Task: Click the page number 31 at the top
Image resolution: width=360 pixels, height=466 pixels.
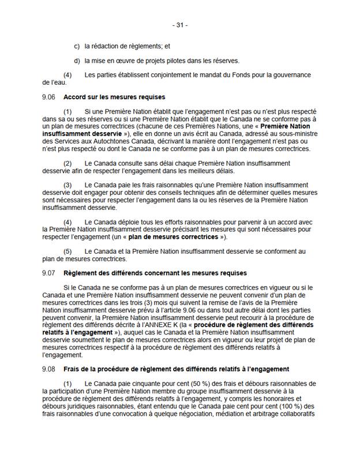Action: click(180, 25)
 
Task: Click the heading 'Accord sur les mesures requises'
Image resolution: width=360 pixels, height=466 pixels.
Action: click(114, 97)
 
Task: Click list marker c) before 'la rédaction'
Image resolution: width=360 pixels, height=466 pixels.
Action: click(77, 46)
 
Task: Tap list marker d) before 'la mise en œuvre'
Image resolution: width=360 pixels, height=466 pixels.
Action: click(77, 61)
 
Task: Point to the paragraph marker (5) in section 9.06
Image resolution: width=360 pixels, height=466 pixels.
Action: click(67, 251)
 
